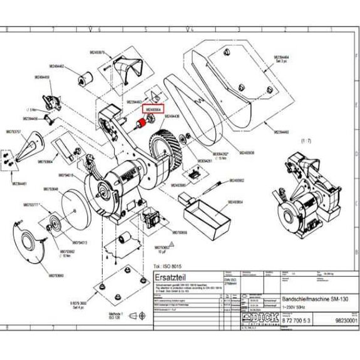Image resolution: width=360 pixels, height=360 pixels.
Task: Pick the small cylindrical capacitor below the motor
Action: [125, 237]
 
